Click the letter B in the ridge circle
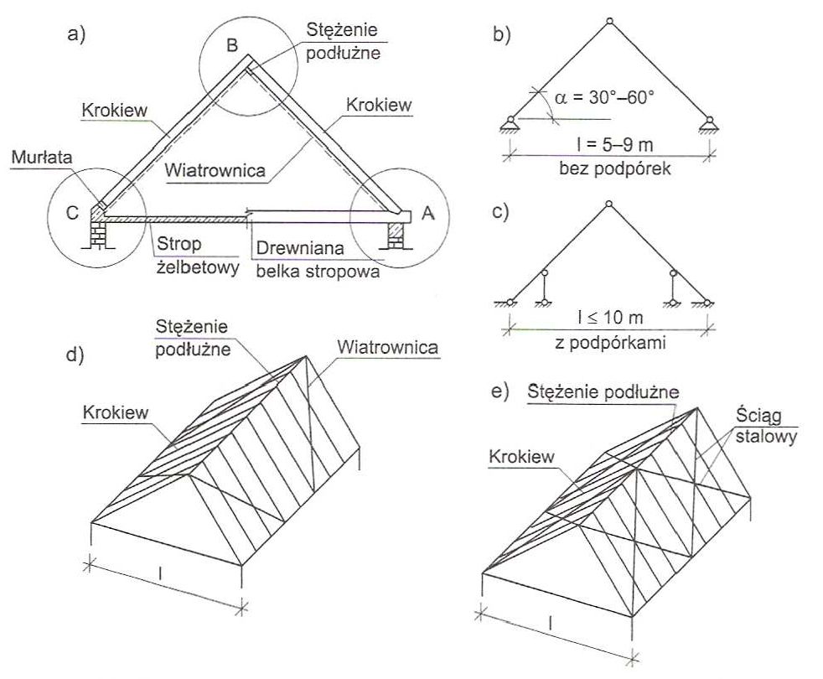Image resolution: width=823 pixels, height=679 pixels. click(x=232, y=44)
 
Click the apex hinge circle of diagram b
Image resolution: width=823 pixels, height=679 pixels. click(x=609, y=21)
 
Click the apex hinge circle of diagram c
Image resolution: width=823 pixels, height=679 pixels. click(x=609, y=203)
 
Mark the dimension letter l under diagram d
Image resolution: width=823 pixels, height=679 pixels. click(x=159, y=573)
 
